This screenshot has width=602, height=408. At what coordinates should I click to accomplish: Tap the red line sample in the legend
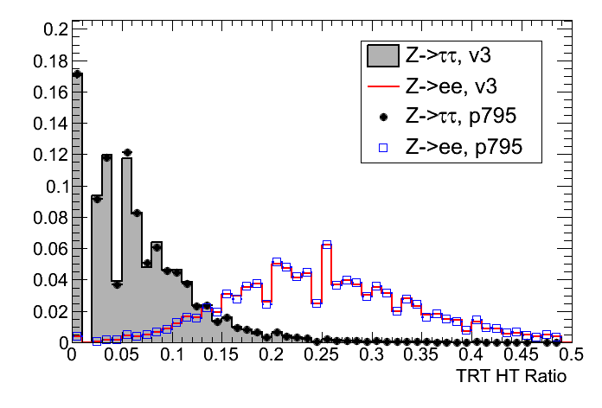tap(381, 87)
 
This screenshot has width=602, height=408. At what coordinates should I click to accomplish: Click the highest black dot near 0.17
tap(76, 74)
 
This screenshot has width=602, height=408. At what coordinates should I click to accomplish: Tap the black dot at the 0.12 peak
tap(127, 152)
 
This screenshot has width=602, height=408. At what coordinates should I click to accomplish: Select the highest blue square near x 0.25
tap(327, 245)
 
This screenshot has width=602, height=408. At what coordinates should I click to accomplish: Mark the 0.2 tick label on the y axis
tap(53, 29)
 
